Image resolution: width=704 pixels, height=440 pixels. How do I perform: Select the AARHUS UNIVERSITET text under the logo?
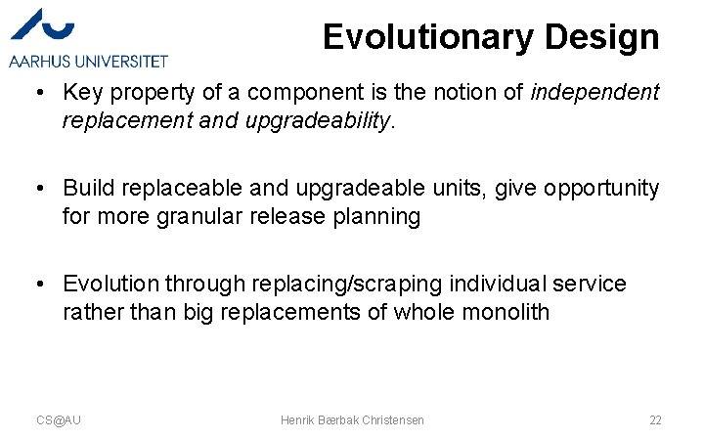[88, 61]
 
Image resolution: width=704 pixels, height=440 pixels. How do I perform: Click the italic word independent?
[594, 93]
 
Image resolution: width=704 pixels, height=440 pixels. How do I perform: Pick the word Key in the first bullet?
[81, 93]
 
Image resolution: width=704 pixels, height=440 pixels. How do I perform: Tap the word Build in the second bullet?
[85, 188]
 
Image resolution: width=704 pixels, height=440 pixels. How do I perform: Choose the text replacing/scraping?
[335, 284]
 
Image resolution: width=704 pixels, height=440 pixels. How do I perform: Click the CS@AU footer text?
[59, 419]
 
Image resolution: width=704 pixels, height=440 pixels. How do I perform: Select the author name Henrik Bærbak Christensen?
[352, 419]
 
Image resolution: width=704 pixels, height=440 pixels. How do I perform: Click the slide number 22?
[655, 419]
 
